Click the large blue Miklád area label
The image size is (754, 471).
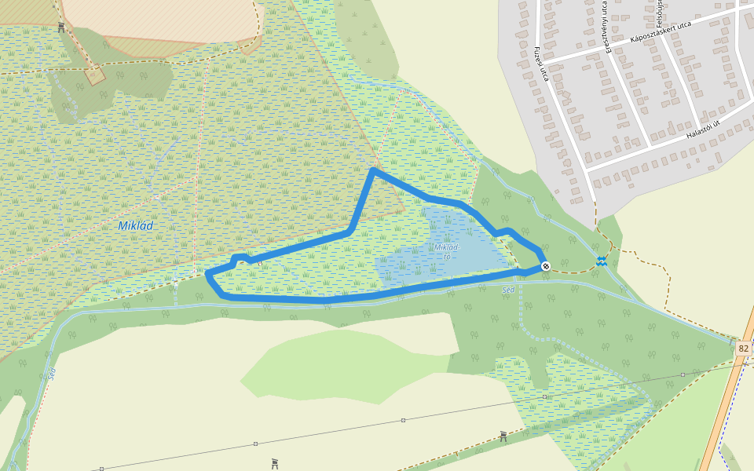(x=136, y=225)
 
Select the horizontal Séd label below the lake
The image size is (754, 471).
(x=508, y=290)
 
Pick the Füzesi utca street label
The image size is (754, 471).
(x=540, y=64)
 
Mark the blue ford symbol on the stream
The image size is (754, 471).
(x=602, y=261)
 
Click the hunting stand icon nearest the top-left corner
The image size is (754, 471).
(x=61, y=27)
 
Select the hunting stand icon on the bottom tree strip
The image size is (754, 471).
(x=503, y=435)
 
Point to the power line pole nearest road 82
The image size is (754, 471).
(x=683, y=374)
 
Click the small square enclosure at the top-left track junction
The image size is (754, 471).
(x=95, y=75)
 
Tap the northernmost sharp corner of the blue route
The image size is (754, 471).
(x=373, y=169)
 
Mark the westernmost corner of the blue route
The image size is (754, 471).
(x=207, y=274)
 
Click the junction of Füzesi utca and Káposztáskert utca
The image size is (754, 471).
(x=545, y=61)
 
